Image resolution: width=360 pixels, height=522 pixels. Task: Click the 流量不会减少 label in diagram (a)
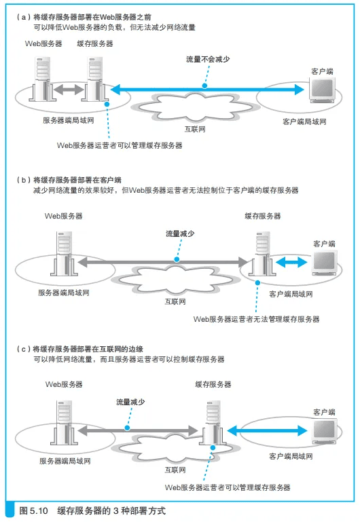click(208, 59)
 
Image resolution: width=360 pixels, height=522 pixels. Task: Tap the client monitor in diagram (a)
click(322, 90)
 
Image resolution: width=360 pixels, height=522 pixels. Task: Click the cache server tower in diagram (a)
click(96, 79)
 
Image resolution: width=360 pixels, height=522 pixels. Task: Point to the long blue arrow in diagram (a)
click(207, 89)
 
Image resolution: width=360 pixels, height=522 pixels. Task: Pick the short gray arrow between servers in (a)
click(69, 89)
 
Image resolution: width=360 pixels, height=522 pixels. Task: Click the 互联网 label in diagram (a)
click(195, 129)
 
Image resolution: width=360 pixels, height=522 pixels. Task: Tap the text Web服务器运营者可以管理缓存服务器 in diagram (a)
click(120, 145)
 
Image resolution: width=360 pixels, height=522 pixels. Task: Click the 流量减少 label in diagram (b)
click(180, 234)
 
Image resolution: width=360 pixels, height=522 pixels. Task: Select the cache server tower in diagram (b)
click(264, 254)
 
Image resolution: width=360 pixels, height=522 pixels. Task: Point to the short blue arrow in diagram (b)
click(291, 262)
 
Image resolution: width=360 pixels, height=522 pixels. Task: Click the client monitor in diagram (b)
click(325, 262)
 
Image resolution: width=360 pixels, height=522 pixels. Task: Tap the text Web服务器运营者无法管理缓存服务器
click(257, 319)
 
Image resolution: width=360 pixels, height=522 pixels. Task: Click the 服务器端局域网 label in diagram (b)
click(64, 293)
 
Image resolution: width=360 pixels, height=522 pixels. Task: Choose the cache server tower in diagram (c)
click(213, 423)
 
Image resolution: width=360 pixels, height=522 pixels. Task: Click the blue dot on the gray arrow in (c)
click(127, 428)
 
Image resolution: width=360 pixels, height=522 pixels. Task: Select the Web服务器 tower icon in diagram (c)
click(65, 423)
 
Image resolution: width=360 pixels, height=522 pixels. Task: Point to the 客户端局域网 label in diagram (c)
click(291, 456)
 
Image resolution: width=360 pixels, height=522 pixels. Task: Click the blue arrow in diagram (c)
click(267, 430)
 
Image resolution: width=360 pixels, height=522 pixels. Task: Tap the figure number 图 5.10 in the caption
click(34, 510)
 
